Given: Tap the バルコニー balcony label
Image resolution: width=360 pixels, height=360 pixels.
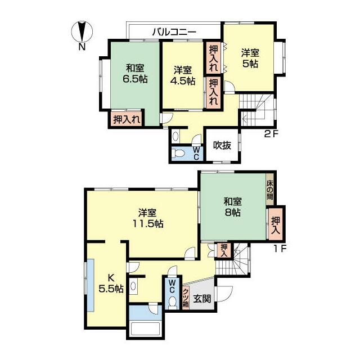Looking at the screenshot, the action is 174,32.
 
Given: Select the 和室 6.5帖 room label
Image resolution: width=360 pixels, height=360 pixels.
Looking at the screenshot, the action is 135,74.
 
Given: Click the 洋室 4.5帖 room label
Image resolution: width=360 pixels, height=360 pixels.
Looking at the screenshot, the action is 183,75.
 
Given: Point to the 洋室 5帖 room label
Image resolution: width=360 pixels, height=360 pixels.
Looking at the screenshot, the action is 250,58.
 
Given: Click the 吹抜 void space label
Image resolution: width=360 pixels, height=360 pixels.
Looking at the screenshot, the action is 222,145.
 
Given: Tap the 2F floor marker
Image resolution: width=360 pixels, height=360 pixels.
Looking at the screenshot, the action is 271,134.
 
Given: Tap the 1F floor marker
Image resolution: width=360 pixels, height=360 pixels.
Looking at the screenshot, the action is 280,249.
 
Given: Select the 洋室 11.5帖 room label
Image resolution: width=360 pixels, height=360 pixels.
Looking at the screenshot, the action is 148,218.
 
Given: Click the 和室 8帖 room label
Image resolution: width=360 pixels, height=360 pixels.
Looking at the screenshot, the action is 233,207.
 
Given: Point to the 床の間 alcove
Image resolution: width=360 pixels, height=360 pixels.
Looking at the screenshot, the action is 270,189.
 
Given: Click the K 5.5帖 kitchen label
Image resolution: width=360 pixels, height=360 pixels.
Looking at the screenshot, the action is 111,283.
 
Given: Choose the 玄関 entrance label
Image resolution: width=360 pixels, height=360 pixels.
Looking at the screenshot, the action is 202,299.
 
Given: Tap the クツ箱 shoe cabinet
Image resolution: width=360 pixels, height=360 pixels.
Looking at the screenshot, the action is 186,298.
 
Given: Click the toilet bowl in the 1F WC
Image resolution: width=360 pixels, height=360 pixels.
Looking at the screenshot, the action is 173,303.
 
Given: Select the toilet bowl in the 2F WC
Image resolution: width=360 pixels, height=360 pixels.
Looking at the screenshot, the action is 178,153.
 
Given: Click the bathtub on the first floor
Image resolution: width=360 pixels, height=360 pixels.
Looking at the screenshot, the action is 145,328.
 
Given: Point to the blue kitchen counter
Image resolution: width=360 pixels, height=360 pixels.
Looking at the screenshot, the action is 91,285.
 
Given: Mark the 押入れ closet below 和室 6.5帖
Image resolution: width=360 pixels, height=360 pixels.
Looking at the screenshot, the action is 127,119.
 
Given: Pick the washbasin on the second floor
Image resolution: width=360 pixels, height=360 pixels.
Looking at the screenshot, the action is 175,136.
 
